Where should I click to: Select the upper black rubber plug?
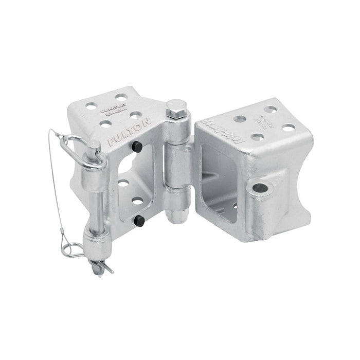click(x=137, y=147)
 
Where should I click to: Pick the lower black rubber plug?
click(x=138, y=221)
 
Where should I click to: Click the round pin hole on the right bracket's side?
click(x=260, y=188)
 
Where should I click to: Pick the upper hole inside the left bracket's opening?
click(x=123, y=183)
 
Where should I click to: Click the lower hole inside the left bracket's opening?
click(x=137, y=200)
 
